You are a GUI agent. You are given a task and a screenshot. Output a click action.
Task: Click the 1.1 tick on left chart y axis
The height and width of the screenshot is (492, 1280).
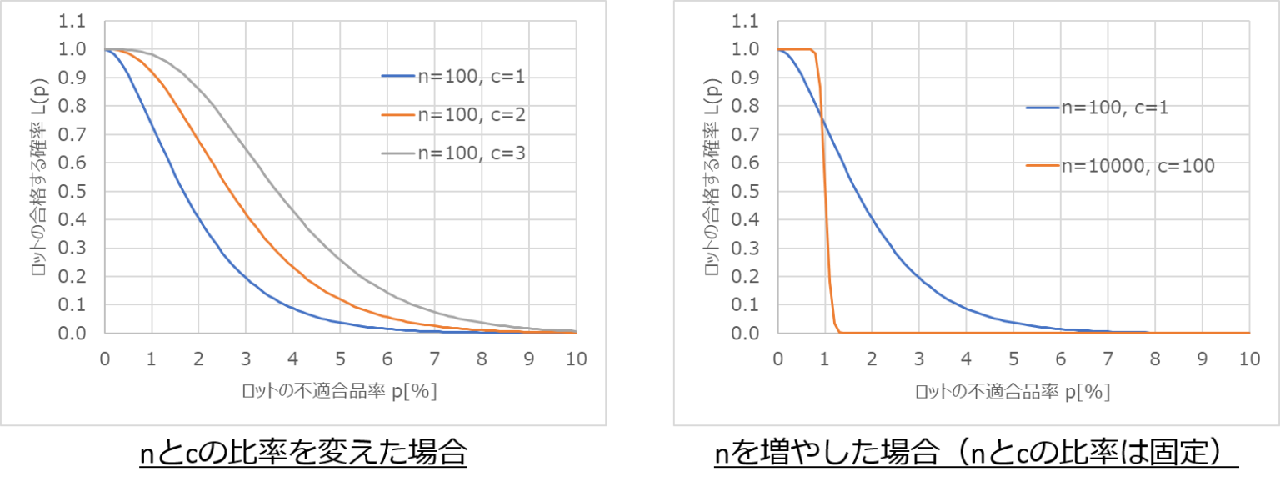click(72, 22)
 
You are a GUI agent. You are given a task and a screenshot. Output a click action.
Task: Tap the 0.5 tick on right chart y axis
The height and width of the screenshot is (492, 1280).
click(744, 192)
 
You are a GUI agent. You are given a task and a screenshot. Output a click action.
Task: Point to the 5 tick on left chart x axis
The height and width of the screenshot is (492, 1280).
click(341, 359)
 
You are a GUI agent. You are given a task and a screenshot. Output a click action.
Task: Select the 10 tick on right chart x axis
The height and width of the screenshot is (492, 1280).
click(1248, 359)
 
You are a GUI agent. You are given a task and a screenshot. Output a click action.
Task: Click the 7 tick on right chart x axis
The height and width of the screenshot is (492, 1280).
click(1107, 359)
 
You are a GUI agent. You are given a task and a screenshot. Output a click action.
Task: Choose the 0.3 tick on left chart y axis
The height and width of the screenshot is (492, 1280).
click(72, 249)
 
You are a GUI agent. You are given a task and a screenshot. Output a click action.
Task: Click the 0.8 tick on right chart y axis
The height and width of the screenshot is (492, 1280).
click(744, 107)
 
